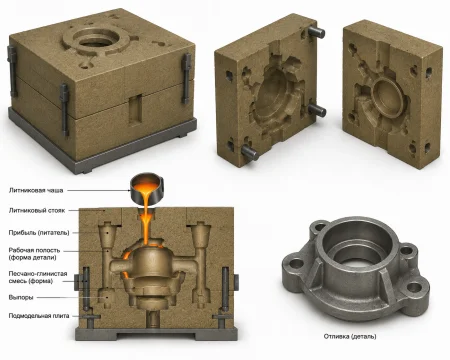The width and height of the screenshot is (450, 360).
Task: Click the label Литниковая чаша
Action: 36,191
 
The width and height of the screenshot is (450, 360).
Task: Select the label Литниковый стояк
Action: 37,211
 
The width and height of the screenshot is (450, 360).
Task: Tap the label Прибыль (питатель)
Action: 39,233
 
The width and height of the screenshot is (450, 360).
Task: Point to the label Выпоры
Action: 21,297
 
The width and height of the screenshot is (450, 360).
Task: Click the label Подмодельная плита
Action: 39,316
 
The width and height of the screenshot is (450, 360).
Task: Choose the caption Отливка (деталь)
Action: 350,336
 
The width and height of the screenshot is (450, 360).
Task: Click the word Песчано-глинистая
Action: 38,274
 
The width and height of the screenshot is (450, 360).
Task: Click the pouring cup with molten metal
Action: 147,189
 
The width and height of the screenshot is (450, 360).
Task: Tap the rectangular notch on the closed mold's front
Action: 136,109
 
